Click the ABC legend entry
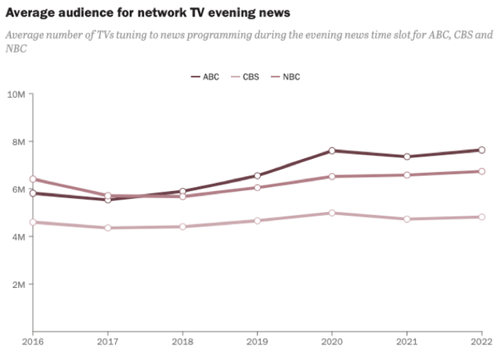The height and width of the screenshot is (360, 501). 206,77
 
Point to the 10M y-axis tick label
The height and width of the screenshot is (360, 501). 16,94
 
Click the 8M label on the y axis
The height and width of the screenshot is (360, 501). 18,142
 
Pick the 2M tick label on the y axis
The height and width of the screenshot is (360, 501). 18,284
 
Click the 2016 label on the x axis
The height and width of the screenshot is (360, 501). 32,342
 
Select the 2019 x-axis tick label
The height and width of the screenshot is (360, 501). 258,342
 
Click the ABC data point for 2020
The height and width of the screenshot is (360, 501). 333,150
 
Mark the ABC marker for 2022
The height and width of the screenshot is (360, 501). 482,149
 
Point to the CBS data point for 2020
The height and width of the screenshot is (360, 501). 333,213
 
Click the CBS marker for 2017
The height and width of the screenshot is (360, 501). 107,228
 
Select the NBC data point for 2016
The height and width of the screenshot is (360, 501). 32,179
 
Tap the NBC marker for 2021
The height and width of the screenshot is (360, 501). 407,175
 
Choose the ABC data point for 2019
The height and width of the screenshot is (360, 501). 258,176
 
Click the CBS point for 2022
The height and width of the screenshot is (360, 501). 482,217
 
